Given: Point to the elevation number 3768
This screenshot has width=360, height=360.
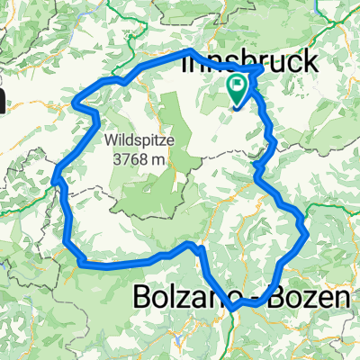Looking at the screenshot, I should [130, 158].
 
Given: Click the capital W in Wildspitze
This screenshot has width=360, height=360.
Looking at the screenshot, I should [110, 141].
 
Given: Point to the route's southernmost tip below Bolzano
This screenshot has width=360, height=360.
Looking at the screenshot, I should [233, 310].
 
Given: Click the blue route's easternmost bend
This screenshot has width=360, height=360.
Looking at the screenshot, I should [309, 233].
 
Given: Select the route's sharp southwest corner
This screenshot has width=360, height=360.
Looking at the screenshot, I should [81, 262].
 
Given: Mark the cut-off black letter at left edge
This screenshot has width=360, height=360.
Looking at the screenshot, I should [3, 99].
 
